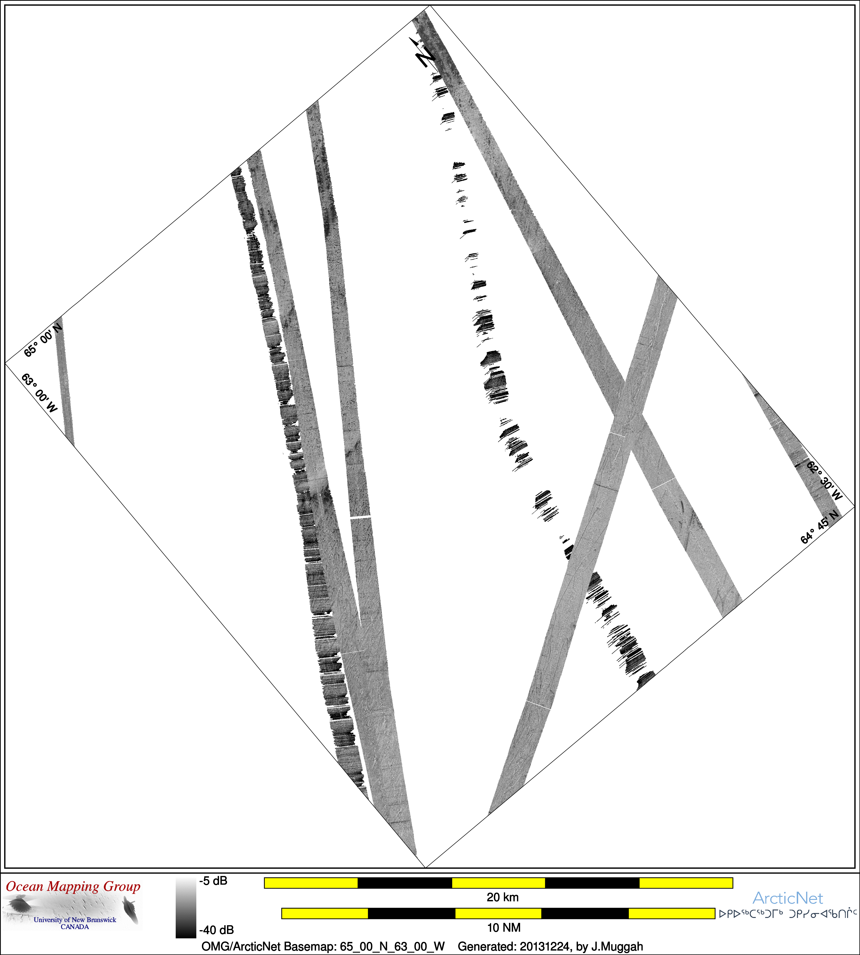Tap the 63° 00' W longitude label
[39, 393]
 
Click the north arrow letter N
[425, 57]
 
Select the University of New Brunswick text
[75, 920]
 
